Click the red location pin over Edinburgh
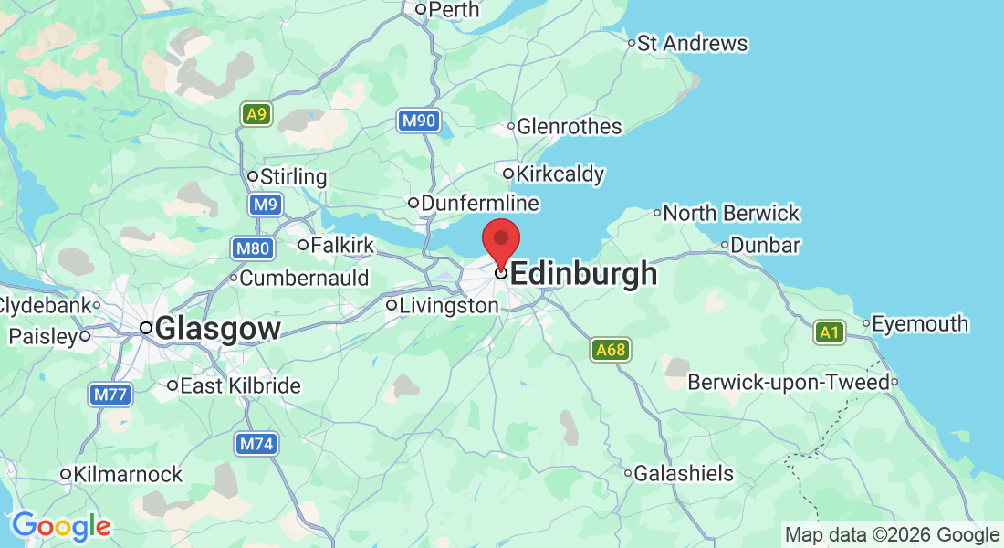pyautogui.click(x=501, y=240)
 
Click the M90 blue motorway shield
pyautogui.click(x=419, y=121)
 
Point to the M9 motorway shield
pyautogui.click(x=265, y=205)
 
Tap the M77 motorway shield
pyautogui.click(x=110, y=395)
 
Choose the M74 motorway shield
pyautogui.click(x=256, y=444)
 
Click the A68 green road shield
pyautogui.click(x=610, y=349)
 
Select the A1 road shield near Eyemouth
pyautogui.click(x=829, y=332)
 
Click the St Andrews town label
pyautogui.click(x=692, y=43)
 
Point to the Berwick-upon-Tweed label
pyautogui.click(x=788, y=382)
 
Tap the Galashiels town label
pyautogui.click(x=684, y=473)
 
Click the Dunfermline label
pyautogui.click(x=479, y=203)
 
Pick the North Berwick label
pyautogui.click(x=730, y=213)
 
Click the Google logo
pyautogui.click(x=61, y=525)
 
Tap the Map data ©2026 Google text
pyautogui.click(x=892, y=535)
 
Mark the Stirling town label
pyautogui.click(x=293, y=176)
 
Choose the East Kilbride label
pyautogui.click(x=240, y=385)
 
